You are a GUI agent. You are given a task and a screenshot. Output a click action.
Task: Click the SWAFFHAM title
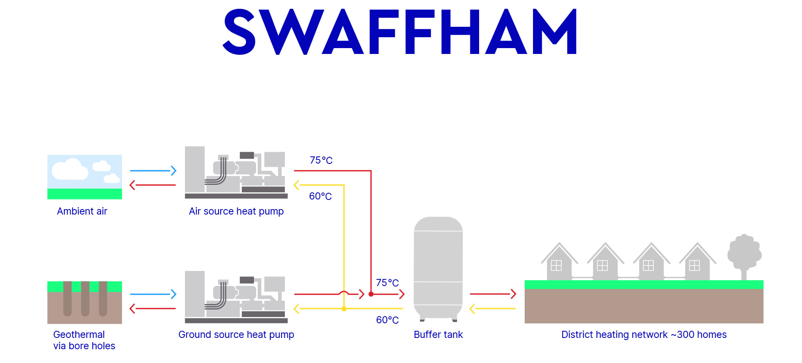[x=400, y=32]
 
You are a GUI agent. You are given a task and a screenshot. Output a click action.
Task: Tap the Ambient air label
[x=82, y=211]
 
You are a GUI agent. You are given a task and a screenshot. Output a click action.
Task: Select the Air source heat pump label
[x=236, y=211]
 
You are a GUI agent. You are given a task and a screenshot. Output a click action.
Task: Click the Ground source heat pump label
[x=236, y=335]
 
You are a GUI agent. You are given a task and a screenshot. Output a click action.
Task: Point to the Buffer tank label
[x=438, y=335]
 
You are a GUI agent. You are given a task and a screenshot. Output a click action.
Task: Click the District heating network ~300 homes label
[x=644, y=335]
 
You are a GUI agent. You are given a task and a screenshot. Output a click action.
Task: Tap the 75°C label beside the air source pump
[x=321, y=160]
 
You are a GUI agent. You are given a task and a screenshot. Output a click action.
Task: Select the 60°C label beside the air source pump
[x=320, y=196]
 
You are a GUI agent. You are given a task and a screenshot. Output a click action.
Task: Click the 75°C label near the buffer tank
[x=387, y=283]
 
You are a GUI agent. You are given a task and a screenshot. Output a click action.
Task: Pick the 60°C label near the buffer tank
[x=387, y=320]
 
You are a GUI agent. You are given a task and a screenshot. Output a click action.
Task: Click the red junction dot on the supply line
[x=371, y=294]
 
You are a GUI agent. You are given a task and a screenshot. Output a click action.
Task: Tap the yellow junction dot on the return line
[x=344, y=309]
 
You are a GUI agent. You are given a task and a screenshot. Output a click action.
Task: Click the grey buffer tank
[x=438, y=268]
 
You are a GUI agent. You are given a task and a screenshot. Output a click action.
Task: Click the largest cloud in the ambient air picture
[x=70, y=169]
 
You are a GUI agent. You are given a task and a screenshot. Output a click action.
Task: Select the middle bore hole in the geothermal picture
[x=85, y=298]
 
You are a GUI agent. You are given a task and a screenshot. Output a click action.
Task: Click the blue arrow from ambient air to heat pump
[x=153, y=171]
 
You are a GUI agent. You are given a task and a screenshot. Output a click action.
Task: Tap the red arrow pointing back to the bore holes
[x=153, y=309]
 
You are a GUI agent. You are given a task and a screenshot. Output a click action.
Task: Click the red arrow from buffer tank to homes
[x=493, y=294]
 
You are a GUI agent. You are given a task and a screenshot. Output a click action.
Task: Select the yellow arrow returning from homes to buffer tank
[x=493, y=309]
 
